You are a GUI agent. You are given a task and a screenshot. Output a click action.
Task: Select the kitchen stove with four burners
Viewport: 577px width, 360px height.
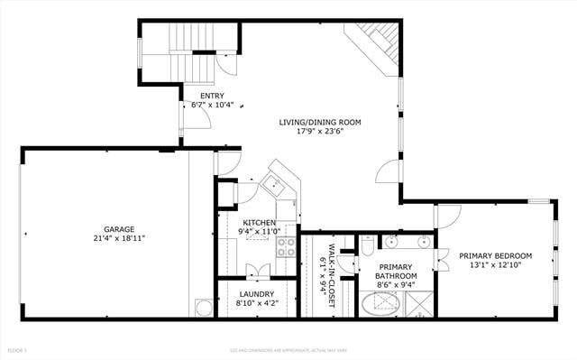coord(286,246)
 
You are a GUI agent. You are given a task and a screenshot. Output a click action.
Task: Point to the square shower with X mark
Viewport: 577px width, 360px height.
coord(419,304)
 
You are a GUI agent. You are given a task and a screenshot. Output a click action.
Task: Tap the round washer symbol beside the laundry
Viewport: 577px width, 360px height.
coord(203,308)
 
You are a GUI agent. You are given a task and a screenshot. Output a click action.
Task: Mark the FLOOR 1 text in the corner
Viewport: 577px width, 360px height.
coord(17,349)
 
